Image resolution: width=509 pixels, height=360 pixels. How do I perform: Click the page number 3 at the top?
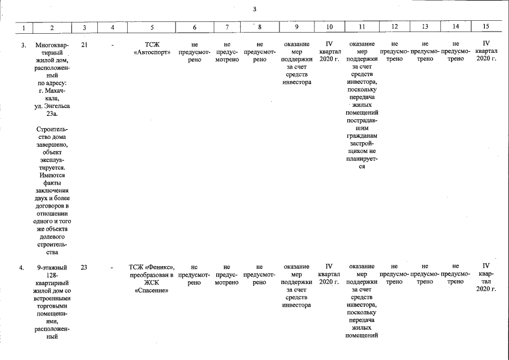[254, 9]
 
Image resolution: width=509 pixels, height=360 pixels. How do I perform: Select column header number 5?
[152, 28]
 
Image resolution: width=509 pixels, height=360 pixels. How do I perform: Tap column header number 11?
[362, 27]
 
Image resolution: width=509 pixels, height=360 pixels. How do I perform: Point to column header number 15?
[486, 26]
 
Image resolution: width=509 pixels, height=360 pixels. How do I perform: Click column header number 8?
[259, 27]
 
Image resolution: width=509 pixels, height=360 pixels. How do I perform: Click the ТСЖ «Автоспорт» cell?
[152, 48]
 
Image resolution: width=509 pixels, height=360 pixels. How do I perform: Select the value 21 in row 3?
[84, 45]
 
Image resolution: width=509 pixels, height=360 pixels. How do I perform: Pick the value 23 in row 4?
[84, 268]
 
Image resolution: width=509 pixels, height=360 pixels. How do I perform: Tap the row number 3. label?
[24, 45]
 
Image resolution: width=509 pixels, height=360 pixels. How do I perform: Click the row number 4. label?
[21, 268]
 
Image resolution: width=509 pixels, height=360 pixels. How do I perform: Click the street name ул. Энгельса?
[52, 106]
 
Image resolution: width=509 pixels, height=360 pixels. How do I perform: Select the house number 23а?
[52, 114]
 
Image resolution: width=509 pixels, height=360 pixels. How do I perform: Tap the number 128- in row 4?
[52, 275]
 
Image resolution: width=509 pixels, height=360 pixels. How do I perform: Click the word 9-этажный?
[52, 268]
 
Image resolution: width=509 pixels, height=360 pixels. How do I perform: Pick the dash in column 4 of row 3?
[112, 45]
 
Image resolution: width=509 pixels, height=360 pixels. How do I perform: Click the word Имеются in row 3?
[52, 175]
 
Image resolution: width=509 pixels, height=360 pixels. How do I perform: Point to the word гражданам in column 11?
[362, 136]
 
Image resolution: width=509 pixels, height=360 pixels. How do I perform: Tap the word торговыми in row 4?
[52, 306]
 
